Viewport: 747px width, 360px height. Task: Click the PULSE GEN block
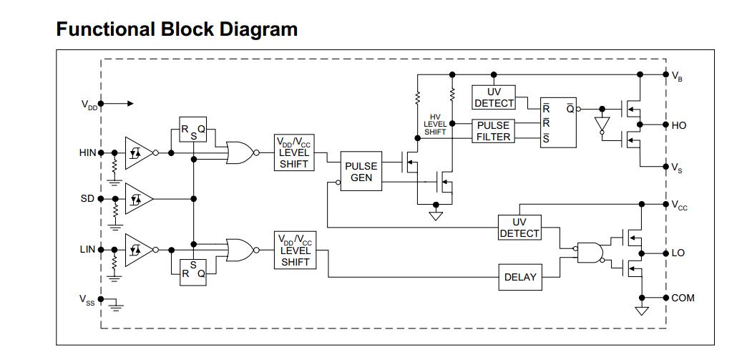(x=361, y=172)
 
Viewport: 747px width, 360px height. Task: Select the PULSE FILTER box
(x=493, y=131)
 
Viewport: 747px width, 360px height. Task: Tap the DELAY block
(x=520, y=277)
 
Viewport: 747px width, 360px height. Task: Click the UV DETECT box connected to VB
(x=494, y=97)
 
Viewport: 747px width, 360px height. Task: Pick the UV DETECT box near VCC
(x=520, y=228)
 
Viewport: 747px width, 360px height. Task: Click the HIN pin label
(x=87, y=152)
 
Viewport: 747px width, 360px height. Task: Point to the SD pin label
(x=87, y=198)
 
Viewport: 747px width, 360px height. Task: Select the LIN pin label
(x=87, y=250)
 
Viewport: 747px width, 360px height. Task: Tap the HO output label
(x=679, y=125)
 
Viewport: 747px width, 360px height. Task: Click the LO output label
(x=678, y=253)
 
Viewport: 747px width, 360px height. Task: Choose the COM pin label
(x=683, y=298)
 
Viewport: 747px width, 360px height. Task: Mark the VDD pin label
(x=89, y=104)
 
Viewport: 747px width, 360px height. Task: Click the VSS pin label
(x=87, y=300)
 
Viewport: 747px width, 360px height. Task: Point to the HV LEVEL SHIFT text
(x=435, y=124)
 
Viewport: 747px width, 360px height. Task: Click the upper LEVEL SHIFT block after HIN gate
(x=294, y=152)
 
